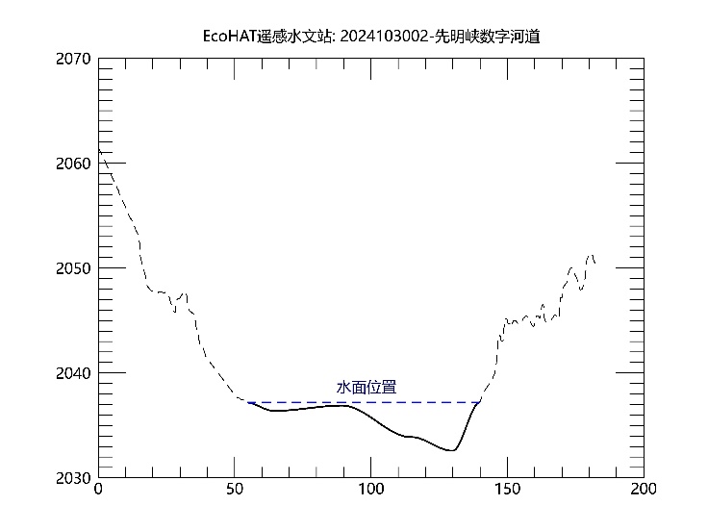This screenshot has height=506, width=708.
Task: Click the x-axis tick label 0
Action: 98,490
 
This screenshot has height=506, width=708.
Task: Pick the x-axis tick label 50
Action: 235,490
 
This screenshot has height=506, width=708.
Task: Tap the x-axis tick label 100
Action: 371,490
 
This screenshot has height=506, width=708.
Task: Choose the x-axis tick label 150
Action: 507,490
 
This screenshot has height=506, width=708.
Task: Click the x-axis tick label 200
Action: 643,490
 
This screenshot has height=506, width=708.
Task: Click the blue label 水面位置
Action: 366,388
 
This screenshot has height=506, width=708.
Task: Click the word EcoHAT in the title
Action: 228,38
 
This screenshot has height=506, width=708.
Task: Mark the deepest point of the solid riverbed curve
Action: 451,450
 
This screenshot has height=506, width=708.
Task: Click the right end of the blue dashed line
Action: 480,402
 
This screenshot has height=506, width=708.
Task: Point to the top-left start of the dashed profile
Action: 99,151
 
